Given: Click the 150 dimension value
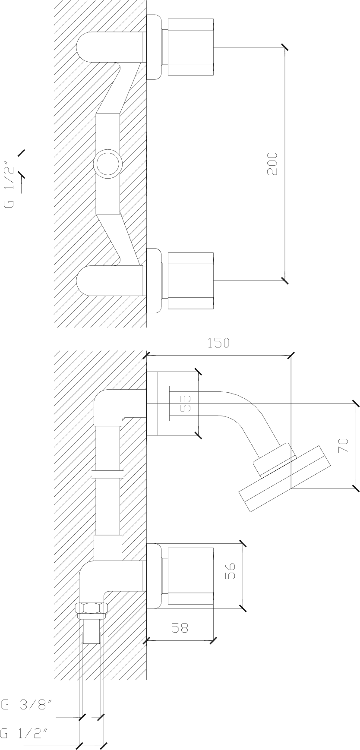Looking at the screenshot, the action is tap(218, 343).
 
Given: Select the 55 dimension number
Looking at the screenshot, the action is tap(185, 402).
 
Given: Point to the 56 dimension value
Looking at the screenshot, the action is tap(229, 571).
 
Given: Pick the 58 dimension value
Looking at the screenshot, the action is tap(180, 627).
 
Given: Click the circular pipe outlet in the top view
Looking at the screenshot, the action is tap(107, 164).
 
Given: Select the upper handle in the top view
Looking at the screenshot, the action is tap(190, 47).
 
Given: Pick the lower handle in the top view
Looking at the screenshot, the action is tap(190, 281).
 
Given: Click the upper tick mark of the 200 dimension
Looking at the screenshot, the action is tap(284, 47).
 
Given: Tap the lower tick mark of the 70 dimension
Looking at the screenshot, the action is tap(356, 488).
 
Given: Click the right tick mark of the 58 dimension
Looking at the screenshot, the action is tap(213, 640).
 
